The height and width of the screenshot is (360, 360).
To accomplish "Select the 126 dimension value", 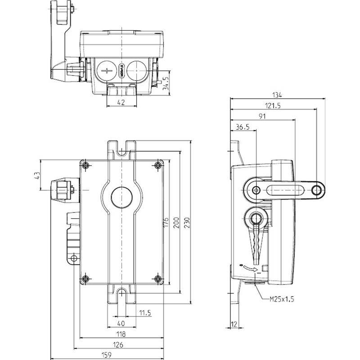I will click(118, 345).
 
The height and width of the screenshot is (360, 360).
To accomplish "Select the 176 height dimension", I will click(166, 222).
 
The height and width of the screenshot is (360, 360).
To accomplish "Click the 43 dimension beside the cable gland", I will click(37, 175).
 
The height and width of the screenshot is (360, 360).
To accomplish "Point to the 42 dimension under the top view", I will click(121, 103).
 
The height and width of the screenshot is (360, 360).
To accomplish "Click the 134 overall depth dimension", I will click(277, 95).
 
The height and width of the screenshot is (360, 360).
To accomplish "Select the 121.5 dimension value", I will click(272, 106).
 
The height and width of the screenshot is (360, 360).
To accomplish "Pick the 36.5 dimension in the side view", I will click(242, 127).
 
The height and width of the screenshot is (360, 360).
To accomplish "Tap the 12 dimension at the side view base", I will click(234, 324).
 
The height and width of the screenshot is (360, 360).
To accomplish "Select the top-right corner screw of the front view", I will click(157, 165).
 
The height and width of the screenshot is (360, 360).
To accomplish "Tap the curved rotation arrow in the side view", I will click(251, 268).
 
